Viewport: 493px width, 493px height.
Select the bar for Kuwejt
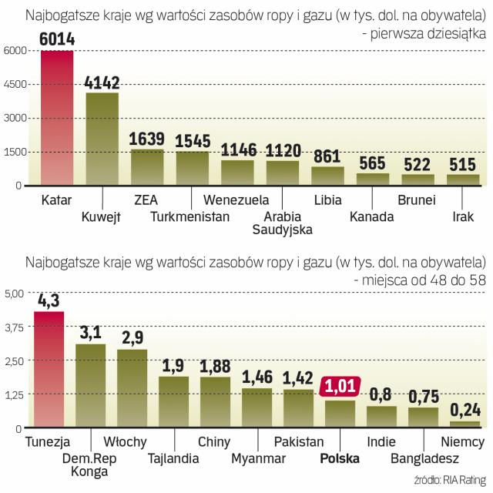coord(102,139)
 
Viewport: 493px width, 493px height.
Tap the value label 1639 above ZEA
coord(147,139)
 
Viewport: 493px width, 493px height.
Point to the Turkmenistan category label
coord(190,216)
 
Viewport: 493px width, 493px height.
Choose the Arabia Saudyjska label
coord(283,223)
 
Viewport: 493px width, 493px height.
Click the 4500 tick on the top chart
coord(17,84)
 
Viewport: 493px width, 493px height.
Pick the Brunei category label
coord(417,200)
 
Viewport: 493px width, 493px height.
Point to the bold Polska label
coord(338,459)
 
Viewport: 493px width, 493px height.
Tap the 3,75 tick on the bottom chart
coord(15,327)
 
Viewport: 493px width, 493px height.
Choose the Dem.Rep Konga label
coord(89,466)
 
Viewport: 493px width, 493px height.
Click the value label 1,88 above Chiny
coord(214,365)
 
